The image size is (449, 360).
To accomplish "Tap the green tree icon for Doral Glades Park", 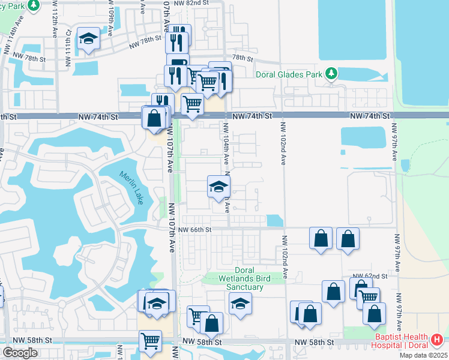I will (x=331, y=74).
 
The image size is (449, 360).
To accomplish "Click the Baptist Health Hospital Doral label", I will (x=399, y=341).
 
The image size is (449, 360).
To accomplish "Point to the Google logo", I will (x=20, y=353).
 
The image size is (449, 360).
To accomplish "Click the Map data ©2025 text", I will (x=423, y=355).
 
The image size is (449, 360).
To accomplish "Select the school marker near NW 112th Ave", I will (x=89, y=40).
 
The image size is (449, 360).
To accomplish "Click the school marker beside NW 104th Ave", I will (x=218, y=187).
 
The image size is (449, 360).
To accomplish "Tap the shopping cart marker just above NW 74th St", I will (x=192, y=103).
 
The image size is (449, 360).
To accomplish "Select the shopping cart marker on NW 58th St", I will (x=150, y=340).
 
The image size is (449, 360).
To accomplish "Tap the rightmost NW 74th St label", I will (x=370, y=115).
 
